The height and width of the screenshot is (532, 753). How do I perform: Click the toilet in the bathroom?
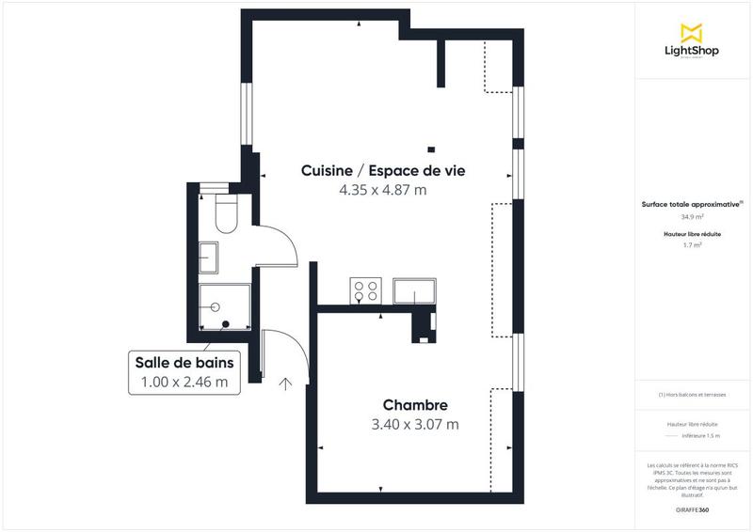226,215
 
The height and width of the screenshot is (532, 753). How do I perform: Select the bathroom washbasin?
209,255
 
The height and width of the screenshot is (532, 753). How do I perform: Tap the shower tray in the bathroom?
224,305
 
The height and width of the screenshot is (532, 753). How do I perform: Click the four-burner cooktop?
365,290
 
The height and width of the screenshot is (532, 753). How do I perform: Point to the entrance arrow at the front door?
285,383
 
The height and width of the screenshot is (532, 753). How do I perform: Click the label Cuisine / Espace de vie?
382,170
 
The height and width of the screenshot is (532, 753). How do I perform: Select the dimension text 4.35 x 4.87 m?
382,190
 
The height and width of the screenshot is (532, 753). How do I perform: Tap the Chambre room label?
415,405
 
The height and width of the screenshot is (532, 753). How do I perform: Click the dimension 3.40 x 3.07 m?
415,425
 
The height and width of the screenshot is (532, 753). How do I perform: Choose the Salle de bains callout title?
184,363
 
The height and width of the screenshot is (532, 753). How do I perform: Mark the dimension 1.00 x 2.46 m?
184,383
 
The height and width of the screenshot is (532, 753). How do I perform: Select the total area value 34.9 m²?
692,217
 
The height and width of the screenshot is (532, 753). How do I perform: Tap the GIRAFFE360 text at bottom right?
692,508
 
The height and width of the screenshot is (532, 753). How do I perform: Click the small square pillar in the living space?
431,148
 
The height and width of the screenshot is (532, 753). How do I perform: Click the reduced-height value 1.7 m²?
692,244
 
